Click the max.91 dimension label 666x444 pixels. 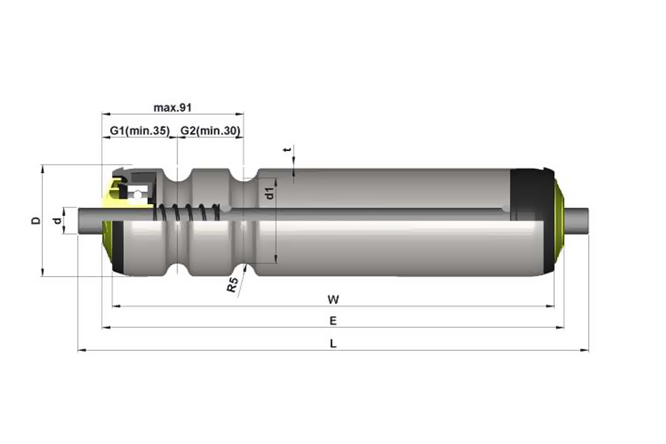click(x=172, y=107)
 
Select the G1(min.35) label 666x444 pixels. click(x=140, y=130)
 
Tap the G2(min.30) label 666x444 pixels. click(x=210, y=130)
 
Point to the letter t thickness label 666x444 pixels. click(x=289, y=149)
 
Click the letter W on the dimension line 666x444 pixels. click(x=333, y=300)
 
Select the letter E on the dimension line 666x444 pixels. click(x=333, y=321)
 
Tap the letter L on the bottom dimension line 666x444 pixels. click(x=334, y=343)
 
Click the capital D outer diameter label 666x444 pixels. click(x=37, y=220)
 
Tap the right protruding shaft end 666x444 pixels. click(x=576, y=221)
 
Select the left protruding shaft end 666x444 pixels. click(x=90, y=221)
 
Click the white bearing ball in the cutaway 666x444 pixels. click(x=137, y=195)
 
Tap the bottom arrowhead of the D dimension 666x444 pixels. click(x=42, y=272)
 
